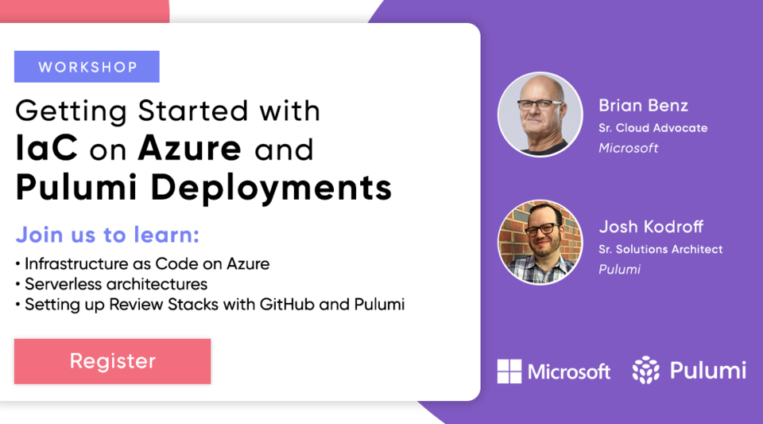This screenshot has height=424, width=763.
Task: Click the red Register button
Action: click(x=112, y=361)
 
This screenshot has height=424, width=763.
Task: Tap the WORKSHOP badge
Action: click(x=87, y=67)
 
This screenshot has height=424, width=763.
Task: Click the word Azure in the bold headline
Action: click(x=189, y=149)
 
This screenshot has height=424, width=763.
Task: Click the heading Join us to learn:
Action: click(x=107, y=235)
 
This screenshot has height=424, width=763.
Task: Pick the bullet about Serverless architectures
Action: click(x=115, y=284)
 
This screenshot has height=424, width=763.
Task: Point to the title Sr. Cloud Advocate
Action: click(x=653, y=127)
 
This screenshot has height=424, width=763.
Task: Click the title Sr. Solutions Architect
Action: click(x=660, y=249)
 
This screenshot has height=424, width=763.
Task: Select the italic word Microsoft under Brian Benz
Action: click(x=629, y=148)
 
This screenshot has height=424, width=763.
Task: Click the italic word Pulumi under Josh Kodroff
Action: click(x=619, y=270)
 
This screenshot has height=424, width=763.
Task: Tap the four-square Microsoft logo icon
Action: click(x=509, y=371)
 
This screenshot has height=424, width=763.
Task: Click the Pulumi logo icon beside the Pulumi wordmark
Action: click(x=646, y=371)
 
